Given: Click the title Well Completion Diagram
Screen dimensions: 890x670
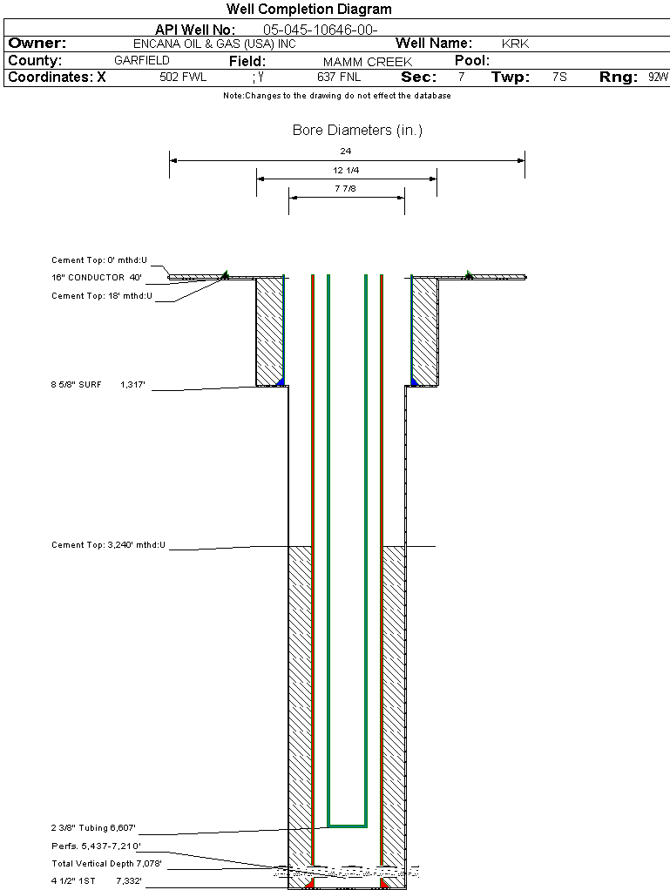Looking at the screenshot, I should tap(309, 10).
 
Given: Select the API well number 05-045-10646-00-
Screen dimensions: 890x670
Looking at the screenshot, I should tap(320, 30).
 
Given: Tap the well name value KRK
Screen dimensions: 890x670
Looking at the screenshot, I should tap(515, 44).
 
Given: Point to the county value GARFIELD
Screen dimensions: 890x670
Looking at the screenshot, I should tap(142, 61).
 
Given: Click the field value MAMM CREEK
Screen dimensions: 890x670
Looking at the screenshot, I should tap(367, 62).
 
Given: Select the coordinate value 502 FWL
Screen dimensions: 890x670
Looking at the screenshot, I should tap(183, 78).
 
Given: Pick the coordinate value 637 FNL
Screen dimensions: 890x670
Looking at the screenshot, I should tap(339, 78).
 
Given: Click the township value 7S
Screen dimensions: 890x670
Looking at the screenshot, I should tap(559, 78).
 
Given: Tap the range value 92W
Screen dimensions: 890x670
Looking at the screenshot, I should tap(658, 78).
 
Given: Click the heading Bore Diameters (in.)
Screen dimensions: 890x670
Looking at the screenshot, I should tap(357, 131).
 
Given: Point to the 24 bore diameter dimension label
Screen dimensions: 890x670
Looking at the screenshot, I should tap(346, 152).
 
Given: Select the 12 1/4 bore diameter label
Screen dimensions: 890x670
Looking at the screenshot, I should tap(346, 170).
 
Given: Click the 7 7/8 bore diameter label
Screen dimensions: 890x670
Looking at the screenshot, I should tap(346, 189).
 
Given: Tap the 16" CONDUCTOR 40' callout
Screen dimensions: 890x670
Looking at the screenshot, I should tap(96, 278).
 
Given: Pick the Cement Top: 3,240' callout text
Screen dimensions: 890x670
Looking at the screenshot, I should tap(108, 545).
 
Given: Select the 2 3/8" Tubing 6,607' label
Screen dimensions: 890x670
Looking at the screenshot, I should tap(93, 828).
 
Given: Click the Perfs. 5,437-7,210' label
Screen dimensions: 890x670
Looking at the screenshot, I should tap(96, 846).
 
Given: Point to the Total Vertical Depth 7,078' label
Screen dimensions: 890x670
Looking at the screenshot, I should tap(106, 864).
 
